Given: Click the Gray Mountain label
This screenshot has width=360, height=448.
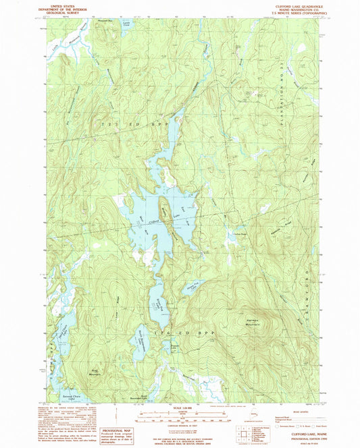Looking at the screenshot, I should [x=93, y=372].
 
